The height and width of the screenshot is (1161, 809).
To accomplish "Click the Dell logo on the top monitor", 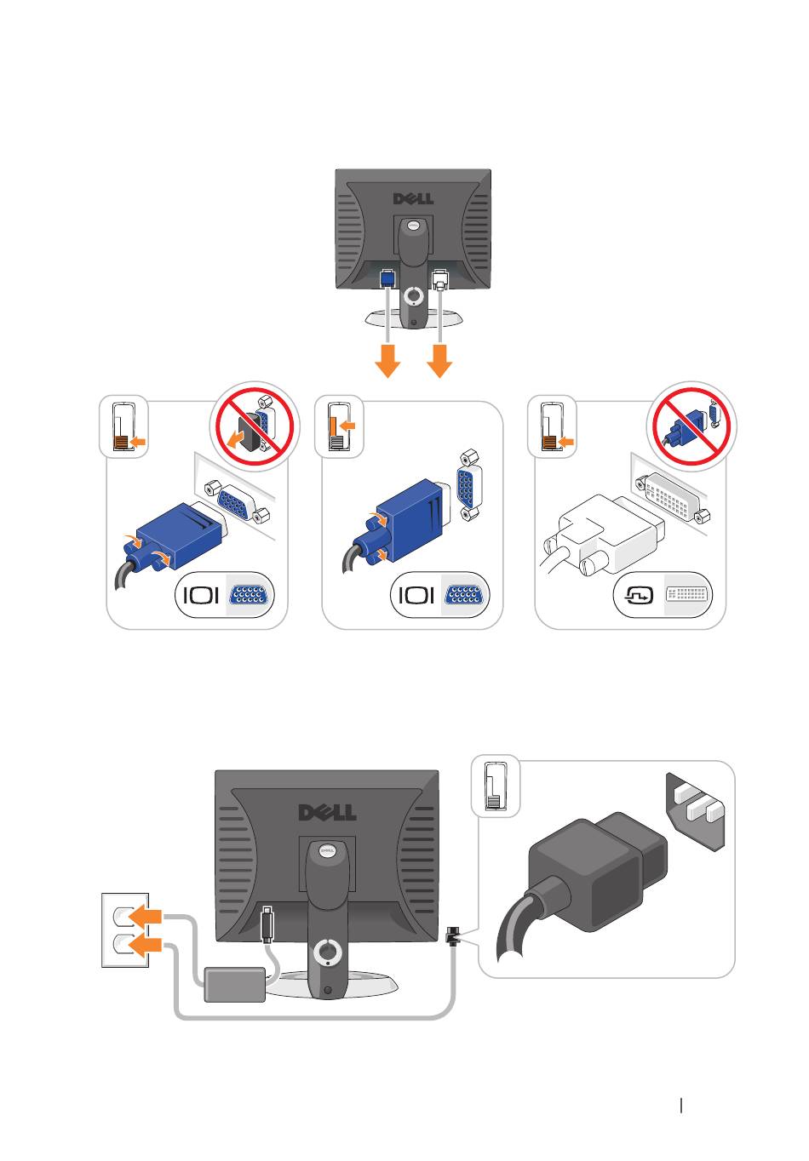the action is tap(413, 198).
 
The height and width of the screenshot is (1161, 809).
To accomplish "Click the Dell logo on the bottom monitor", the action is tap(327, 812).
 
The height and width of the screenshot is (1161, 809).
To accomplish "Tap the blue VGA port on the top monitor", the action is tap(387, 277).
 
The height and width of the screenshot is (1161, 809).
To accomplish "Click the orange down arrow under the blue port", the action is tap(387, 361).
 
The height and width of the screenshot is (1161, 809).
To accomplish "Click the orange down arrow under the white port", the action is tap(439, 361).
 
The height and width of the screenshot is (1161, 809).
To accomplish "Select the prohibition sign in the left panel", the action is tap(255, 426).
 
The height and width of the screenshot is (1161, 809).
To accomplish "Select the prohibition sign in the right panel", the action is tap(692, 426).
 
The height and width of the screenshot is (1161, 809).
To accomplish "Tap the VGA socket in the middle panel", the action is tap(468, 484).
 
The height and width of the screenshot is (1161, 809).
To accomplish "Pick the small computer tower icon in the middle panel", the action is tap(339, 427).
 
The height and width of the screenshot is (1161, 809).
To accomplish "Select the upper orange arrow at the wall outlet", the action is tap(146, 917).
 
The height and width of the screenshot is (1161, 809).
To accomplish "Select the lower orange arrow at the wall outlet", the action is tap(146, 946).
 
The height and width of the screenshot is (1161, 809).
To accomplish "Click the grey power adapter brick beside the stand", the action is tap(235, 984).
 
